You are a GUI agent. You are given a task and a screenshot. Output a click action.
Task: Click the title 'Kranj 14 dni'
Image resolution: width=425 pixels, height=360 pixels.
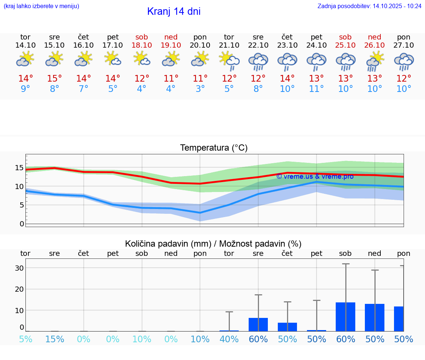coord(174,11)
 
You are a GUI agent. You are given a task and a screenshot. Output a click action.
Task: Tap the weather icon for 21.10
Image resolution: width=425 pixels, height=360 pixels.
coord(229,61)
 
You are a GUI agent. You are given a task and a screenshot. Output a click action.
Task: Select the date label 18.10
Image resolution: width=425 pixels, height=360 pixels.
coord(142,45)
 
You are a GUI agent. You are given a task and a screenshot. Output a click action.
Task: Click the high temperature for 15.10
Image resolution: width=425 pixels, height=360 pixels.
coord(55,79)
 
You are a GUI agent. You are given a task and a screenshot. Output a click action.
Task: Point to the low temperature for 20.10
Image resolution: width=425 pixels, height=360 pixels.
coord(200,89)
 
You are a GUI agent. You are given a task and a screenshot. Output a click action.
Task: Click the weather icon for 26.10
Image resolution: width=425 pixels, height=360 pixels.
coord(375,61)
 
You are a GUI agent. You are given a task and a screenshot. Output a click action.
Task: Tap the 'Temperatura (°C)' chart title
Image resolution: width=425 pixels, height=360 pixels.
coord(214,148)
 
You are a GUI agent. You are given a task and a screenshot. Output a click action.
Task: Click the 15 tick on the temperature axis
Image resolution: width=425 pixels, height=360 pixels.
coord(19,168)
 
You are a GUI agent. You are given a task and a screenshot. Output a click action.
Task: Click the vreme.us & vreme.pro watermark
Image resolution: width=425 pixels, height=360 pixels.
coord(315,176)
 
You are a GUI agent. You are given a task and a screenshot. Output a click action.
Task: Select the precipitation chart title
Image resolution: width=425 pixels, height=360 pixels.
coord(213,244)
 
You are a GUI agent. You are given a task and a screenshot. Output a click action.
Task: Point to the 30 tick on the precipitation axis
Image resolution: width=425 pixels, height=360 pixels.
coord(19,268)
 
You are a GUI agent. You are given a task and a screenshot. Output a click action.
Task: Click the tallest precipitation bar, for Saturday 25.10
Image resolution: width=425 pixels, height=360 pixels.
coord(345,316)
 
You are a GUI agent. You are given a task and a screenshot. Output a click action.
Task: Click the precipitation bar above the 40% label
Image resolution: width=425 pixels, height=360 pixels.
coord(229,330)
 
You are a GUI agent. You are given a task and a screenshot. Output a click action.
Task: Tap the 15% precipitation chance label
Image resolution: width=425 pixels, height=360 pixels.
coord(55,339)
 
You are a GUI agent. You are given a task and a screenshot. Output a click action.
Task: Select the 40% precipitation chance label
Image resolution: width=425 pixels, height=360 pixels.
coord(229,339)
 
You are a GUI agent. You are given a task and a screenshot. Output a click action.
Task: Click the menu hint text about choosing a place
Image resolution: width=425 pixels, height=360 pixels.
coord(41,6)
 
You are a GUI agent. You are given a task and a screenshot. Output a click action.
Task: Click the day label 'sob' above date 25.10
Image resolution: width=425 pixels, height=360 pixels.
coord(345,37)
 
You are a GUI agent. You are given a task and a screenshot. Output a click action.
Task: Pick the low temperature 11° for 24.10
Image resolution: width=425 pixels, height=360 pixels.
coord(317,89)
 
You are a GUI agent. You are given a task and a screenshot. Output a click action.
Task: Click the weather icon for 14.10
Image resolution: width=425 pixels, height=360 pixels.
coord(25,59)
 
